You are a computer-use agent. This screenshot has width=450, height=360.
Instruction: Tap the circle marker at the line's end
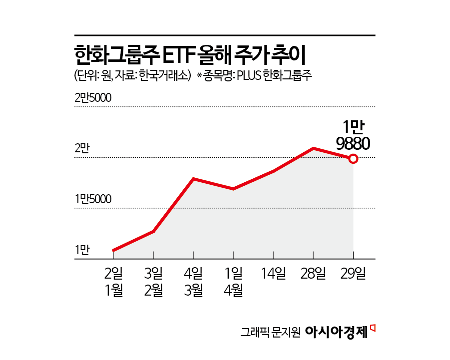point(353,159)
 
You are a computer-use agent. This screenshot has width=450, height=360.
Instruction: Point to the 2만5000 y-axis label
point(92,98)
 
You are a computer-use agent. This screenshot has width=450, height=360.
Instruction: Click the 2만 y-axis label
point(82,148)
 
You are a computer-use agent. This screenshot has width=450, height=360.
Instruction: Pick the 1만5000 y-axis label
point(92,199)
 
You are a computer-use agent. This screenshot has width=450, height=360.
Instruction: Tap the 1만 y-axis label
point(82,250)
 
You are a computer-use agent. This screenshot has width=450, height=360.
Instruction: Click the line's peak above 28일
point(313,148)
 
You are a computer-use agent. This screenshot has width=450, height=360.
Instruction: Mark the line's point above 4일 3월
point(193,179)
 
